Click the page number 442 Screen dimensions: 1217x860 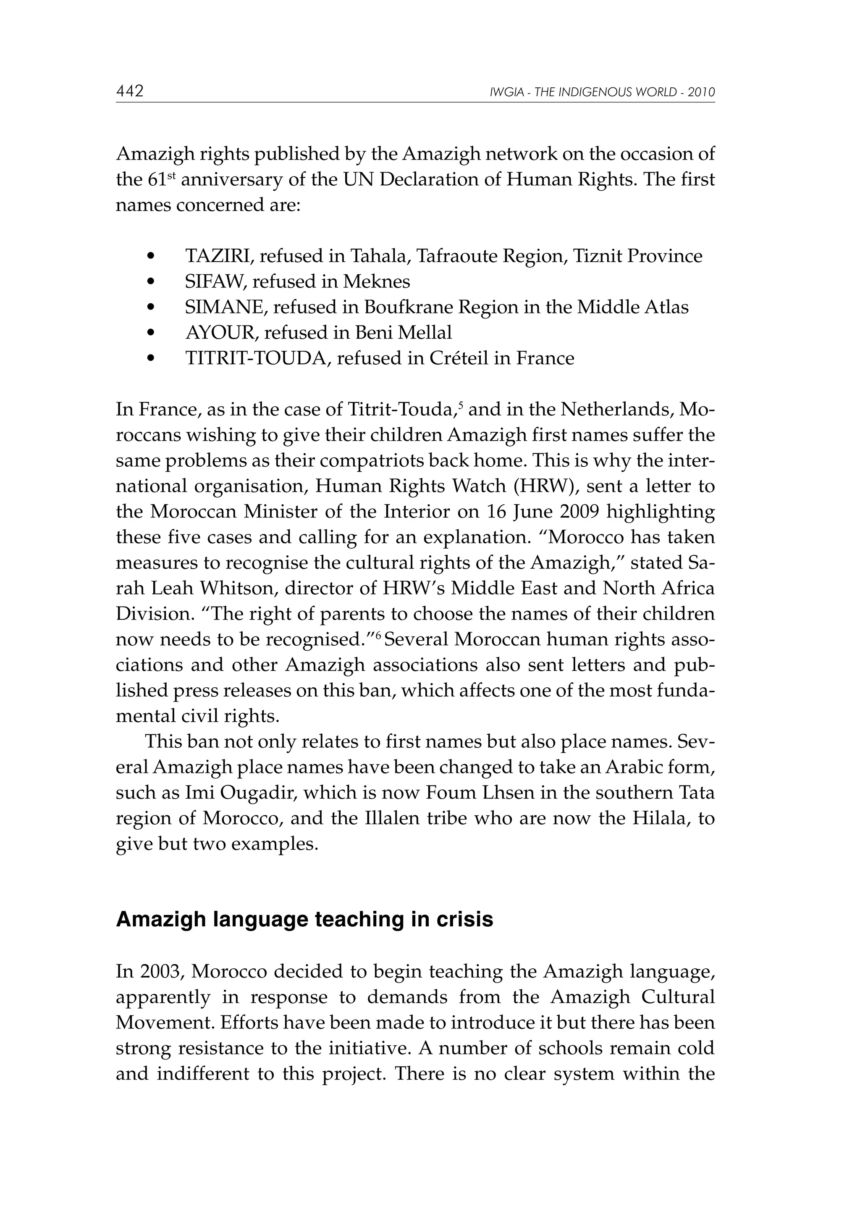130,92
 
